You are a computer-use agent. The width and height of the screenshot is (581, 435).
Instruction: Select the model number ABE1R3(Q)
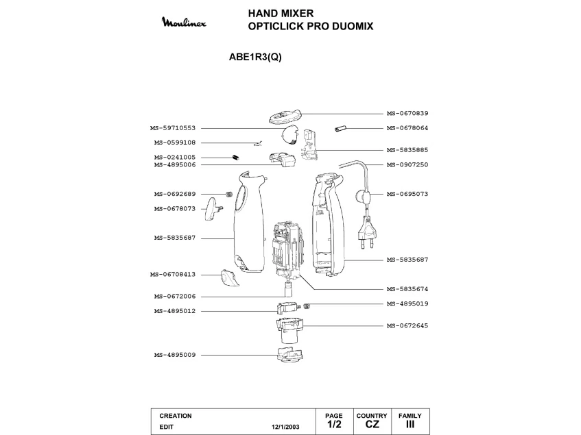click(254, 58)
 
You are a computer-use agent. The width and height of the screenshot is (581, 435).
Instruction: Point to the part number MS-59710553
click(173, 128)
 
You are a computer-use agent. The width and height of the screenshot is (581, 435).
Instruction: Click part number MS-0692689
click(175, 194)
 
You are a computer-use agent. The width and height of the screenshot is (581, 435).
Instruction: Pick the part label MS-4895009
click(175, 355)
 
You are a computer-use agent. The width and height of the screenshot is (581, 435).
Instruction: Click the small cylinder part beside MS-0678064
click(341, 128)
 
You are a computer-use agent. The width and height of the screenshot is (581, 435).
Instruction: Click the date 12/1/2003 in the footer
click(286, 426)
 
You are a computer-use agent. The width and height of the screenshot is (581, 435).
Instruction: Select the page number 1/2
click(333, 425)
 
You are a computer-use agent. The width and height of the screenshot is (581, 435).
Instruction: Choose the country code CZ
click(372, 425)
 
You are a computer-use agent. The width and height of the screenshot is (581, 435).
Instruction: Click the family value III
click(410, 425)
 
